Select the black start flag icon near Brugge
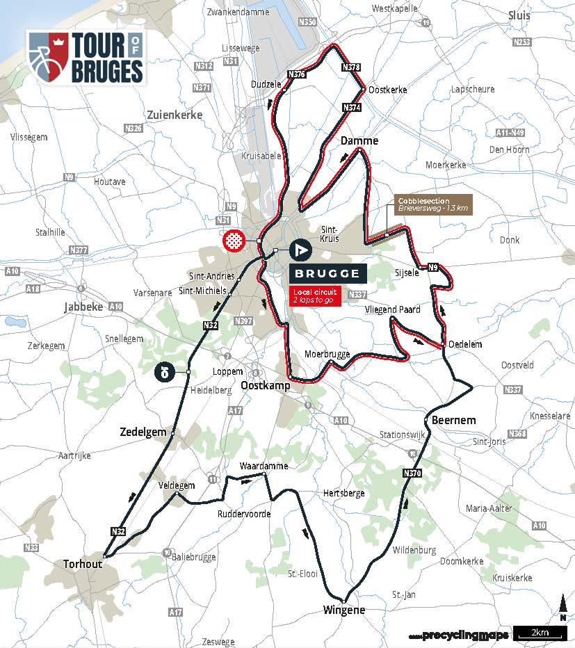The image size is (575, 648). (300, 250)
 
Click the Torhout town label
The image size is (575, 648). (82, 564)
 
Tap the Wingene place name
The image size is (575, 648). (343, 610)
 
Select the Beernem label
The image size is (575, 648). (453, 421)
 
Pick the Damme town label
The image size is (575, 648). (359, 140)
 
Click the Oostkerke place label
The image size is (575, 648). (387, 90)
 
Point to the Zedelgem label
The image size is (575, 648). (147, 432)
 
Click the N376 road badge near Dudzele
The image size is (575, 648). (295, 74)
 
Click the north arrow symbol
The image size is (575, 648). (562, 608)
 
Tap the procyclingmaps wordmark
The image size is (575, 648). (460, 635)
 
